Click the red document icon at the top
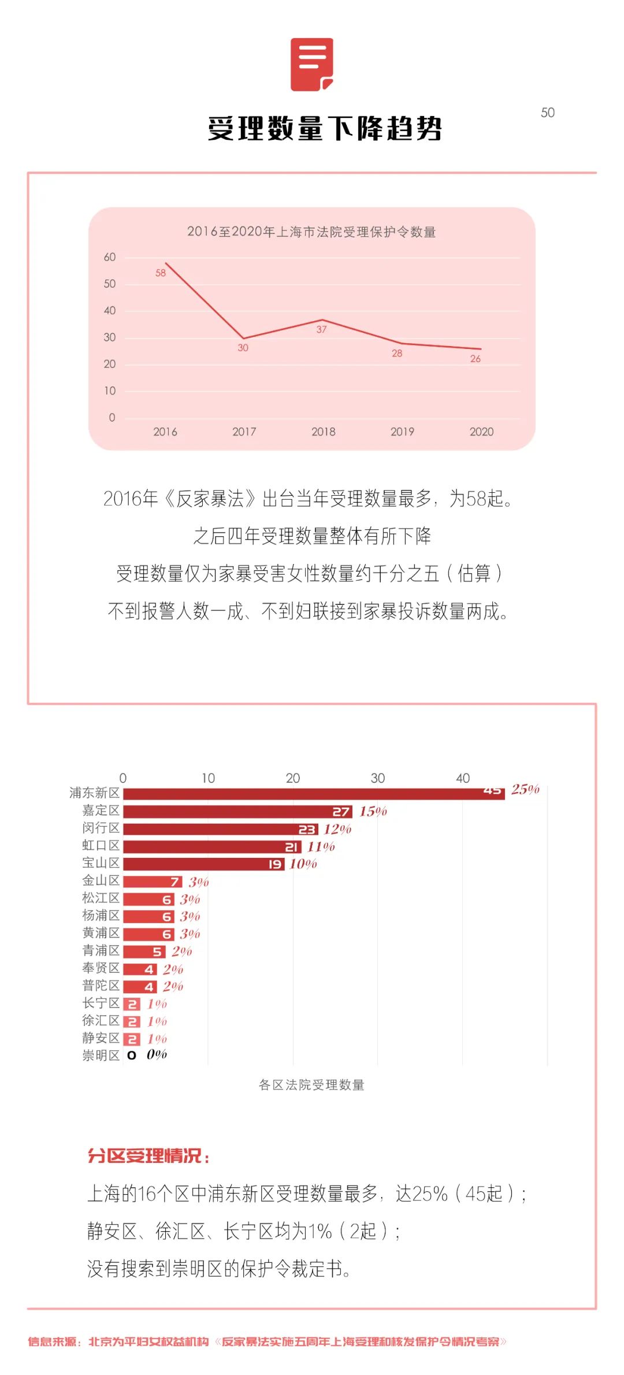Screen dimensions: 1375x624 (x=312, y=65)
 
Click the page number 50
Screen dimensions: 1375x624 (x=547, y=113)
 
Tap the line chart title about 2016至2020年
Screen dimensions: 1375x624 (x=311, y=232)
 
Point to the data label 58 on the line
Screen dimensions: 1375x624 (x=161, y=273)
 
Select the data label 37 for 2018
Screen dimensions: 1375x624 (x=321, y=329)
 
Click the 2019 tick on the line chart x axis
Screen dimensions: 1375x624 (x=402, y=432)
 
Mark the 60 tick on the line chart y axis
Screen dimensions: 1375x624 (x=110, y=257)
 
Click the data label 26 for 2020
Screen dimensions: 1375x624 (x=475, y=359)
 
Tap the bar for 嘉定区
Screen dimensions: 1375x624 (x=237, y=812)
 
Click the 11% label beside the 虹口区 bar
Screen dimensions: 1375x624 (x=321, y=847)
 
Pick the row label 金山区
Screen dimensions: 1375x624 (x=101, y=880)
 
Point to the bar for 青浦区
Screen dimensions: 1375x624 (x=144, y=952)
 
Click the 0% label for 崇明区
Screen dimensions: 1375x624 (x=157, y=1055)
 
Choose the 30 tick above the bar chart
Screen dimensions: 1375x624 (x=377, y=778)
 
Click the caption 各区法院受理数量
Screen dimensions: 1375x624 (x=311, y=1085)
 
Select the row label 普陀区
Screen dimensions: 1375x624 (x=101, y=986)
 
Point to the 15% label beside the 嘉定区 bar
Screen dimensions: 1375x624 (x=373, y=812)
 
